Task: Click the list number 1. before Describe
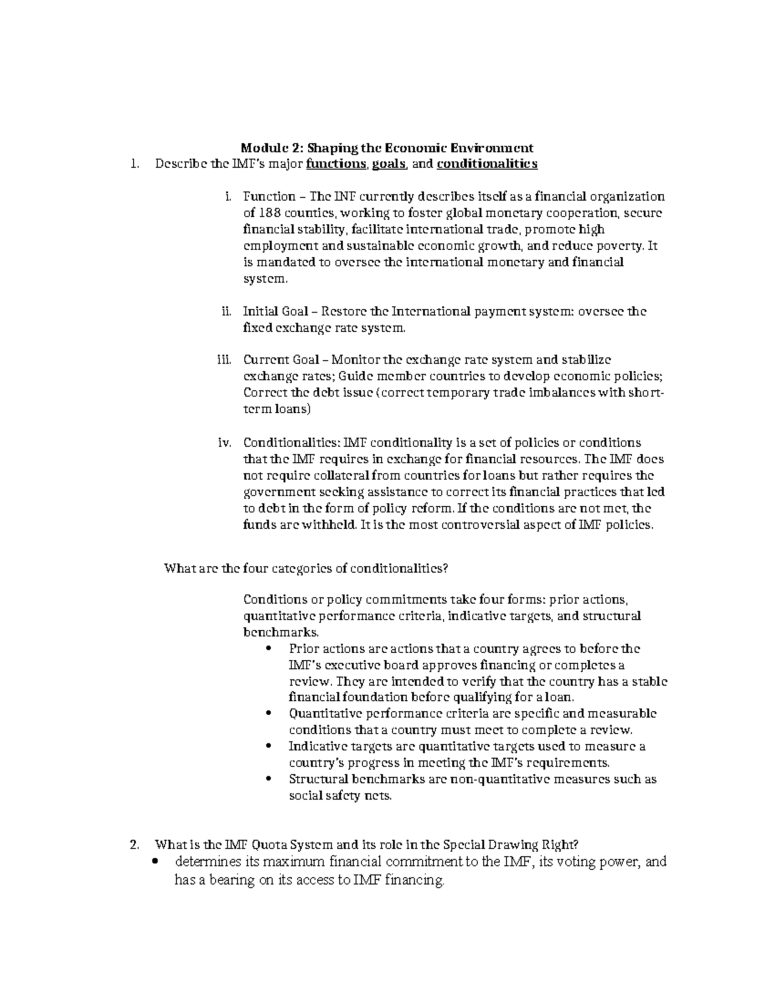[x=134, y=164]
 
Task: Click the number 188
[x=268, y=213]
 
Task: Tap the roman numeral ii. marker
[x=225, y=312]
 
